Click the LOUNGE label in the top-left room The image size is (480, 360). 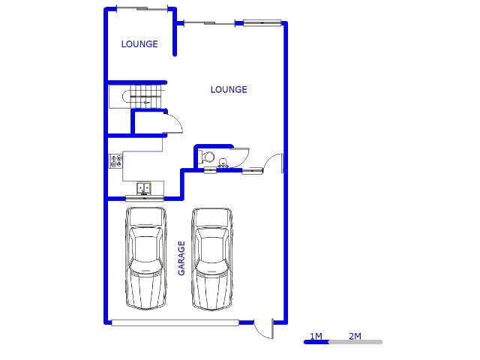[139, 44]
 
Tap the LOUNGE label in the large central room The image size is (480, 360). [229, 90]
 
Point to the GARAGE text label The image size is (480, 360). [181, 258]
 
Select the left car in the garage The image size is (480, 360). [146, 258]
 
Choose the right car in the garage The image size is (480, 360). [211, 258]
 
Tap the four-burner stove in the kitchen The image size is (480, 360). [115, 160]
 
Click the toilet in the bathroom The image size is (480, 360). [206, 157]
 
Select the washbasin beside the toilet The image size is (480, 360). [223, 163]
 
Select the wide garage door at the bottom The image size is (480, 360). [175, 323]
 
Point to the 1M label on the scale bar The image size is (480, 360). [316, 336]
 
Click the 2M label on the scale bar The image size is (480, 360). [355, 336]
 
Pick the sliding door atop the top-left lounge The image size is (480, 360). [142, 9]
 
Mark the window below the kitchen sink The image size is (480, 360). [145, 198]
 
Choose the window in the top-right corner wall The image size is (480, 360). [262, 22]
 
